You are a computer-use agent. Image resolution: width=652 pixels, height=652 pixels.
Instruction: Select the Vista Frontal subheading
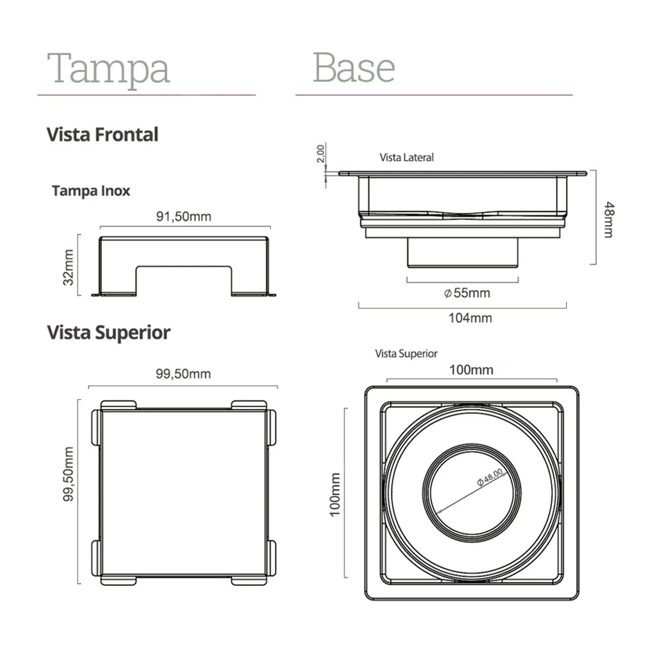tap(102, 134)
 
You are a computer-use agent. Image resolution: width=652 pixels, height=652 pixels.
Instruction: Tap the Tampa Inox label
tap(91, 191)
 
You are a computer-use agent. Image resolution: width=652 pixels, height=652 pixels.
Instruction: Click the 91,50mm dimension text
tap(184, 216)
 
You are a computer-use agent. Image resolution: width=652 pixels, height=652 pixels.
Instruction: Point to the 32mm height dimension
tap(68, 267)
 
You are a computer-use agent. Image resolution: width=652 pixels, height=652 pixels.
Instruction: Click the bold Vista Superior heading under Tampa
tap(108, 332)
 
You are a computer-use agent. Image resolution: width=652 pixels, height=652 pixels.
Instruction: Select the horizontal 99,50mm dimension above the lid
tap(183, 374)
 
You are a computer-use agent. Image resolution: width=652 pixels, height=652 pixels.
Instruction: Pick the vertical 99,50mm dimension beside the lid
tap(68, 474)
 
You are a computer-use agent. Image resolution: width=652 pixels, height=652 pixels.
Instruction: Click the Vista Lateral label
tap(406, 158)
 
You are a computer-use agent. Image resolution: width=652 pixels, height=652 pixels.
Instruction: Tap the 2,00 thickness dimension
tap(321, 153)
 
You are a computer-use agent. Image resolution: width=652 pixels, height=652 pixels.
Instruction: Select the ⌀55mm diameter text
tap(467, 293)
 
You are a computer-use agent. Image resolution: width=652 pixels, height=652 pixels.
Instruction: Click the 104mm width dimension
tap(470, 318)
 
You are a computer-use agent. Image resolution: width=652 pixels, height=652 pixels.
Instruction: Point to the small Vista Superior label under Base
tap(406, 354)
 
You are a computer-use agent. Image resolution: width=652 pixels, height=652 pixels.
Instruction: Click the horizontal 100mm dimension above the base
tap(471, 370)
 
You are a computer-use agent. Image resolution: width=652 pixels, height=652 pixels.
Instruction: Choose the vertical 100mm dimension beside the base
tap(335, 494)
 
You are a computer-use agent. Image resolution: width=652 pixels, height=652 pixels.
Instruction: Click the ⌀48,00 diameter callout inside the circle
tap(490, 477)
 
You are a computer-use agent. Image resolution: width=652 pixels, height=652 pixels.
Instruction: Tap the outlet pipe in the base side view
tap(463, 253)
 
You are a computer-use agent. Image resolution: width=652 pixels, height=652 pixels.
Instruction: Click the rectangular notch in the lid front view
tap(184, 281)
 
